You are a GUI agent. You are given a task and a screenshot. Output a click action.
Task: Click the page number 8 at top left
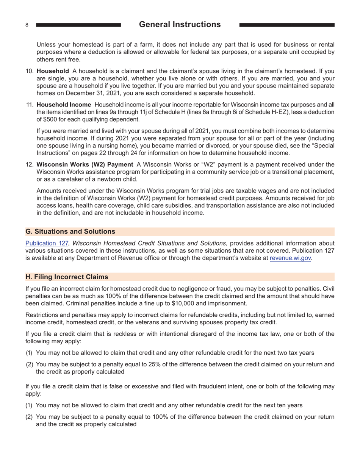click(27, 25)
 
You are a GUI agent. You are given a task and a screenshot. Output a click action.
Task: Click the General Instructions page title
click(180, 25)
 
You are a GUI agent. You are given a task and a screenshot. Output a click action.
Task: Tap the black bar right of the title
click(287, 25)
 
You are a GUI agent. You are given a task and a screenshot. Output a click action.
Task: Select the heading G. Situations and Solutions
click(70, 231)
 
